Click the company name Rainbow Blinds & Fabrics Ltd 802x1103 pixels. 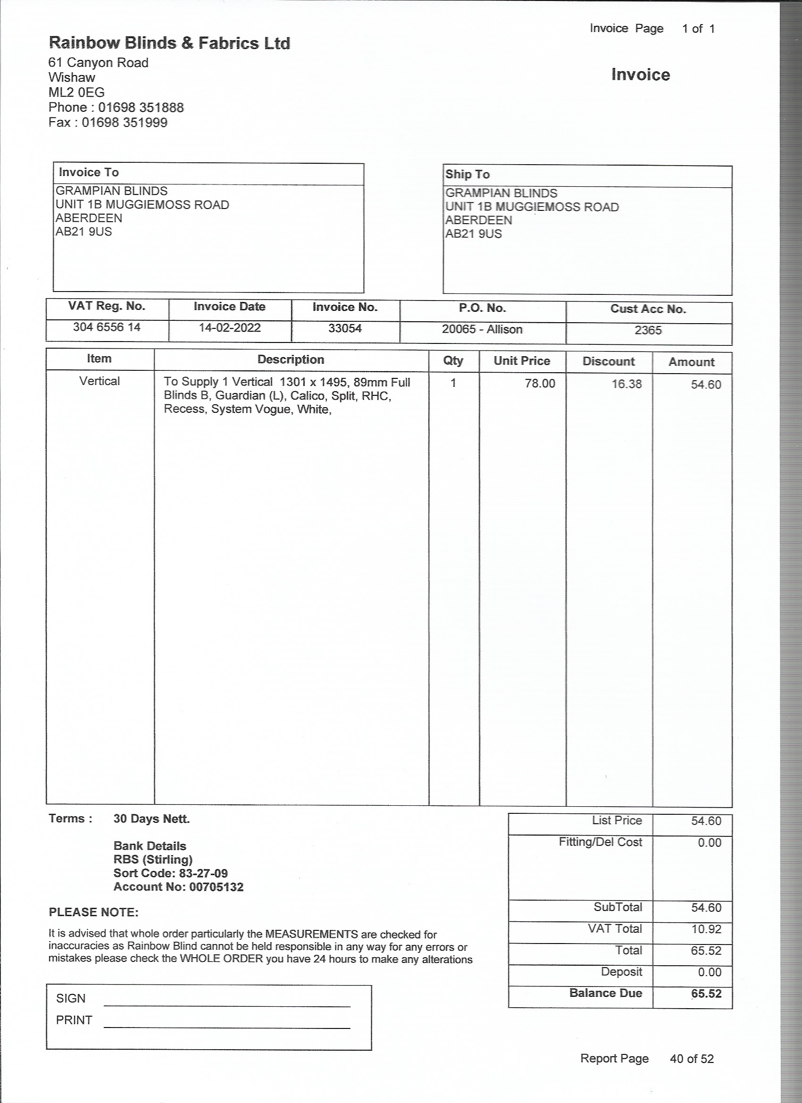tap(169, 43)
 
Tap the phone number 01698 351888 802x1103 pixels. tap(141, 108)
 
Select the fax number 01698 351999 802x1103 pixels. tap(125, 123)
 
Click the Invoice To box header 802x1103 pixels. tap(89, 172)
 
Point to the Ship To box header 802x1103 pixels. tap(468, 174)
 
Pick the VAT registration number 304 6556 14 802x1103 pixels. tap(107, 327)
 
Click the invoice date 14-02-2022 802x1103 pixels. tap(230, 327)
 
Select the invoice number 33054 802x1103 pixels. tap(345, 328)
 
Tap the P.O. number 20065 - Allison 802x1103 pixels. tap(482, 329)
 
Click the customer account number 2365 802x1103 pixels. tap(648, 330)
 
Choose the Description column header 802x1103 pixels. tap(291, 359)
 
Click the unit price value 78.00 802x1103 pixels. tap(540, 383)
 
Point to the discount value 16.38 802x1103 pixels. tap(627, 384)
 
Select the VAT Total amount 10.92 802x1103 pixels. tap(706, 929)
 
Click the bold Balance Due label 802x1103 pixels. tap(606, 993)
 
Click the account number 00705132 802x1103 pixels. tap(217, 886)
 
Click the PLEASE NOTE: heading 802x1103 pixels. tap(93, 912)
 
